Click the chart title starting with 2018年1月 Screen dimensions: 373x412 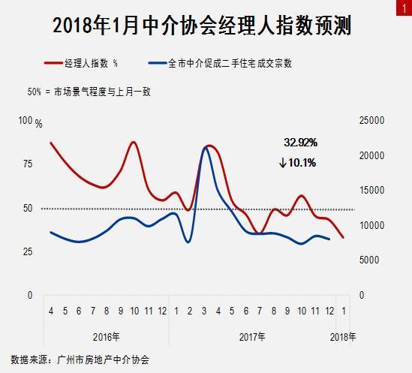[203, 26]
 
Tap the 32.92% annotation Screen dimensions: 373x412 [300, 142]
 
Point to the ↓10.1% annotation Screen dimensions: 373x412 [297, 162]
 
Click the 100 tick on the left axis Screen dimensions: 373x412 [26, 121]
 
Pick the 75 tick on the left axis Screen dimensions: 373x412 [27, 164]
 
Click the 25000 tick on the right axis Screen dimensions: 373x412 [372, 121]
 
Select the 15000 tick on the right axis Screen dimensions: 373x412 [372, 191]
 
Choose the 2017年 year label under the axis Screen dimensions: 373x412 [251, 336]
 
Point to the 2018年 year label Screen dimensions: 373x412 [343, 336]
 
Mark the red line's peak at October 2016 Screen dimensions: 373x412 [134, 142]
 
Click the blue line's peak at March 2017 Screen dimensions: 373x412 [206, 148]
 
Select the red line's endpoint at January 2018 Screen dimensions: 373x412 [343, 238]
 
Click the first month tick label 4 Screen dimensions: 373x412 [50, 311]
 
